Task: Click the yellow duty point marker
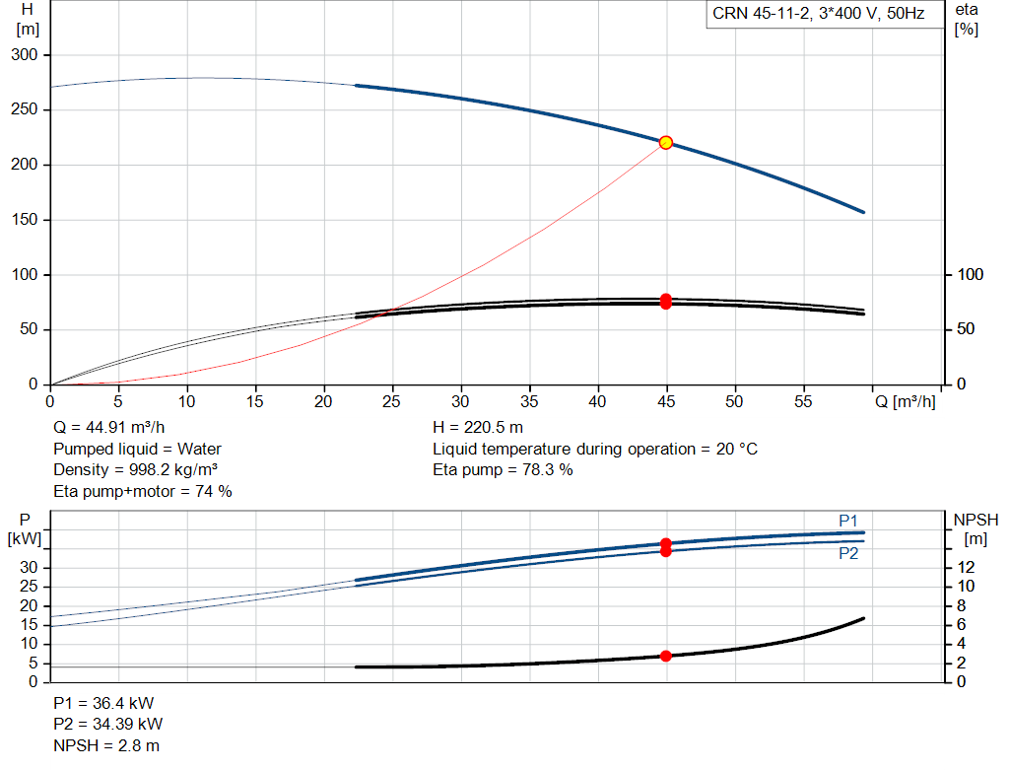666,142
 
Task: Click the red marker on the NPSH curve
666,656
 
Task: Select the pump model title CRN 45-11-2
761,14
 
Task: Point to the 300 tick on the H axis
25,55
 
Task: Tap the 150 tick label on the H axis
25,220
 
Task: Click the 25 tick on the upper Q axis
391,401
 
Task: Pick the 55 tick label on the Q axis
803,401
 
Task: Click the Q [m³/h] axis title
906,401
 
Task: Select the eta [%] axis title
967,20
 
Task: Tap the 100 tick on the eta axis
971,274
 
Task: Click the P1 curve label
848,521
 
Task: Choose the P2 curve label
848,554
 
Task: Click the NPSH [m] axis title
975,529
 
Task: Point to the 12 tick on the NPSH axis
966,567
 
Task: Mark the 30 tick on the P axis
29,567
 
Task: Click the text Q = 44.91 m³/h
108,428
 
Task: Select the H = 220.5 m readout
478,428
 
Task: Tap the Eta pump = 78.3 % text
503,470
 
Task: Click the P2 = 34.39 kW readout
108,725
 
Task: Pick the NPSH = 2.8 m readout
106,745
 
